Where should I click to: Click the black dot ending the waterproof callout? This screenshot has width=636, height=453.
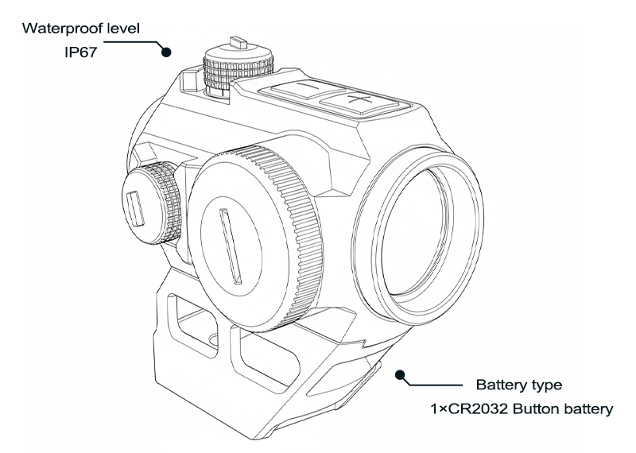point(166,52)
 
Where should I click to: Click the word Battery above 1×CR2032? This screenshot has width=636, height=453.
point(501,386)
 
